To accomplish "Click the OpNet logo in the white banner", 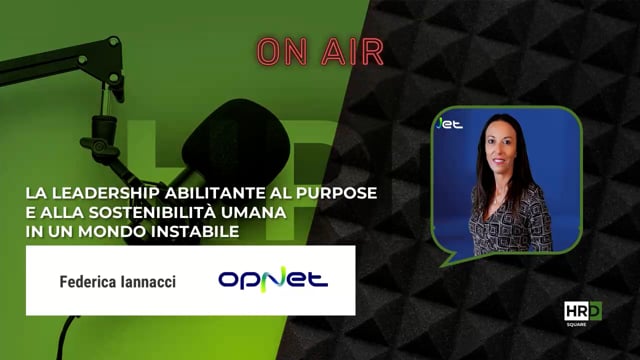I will point(273,279).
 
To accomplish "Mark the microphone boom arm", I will point(60,60).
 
